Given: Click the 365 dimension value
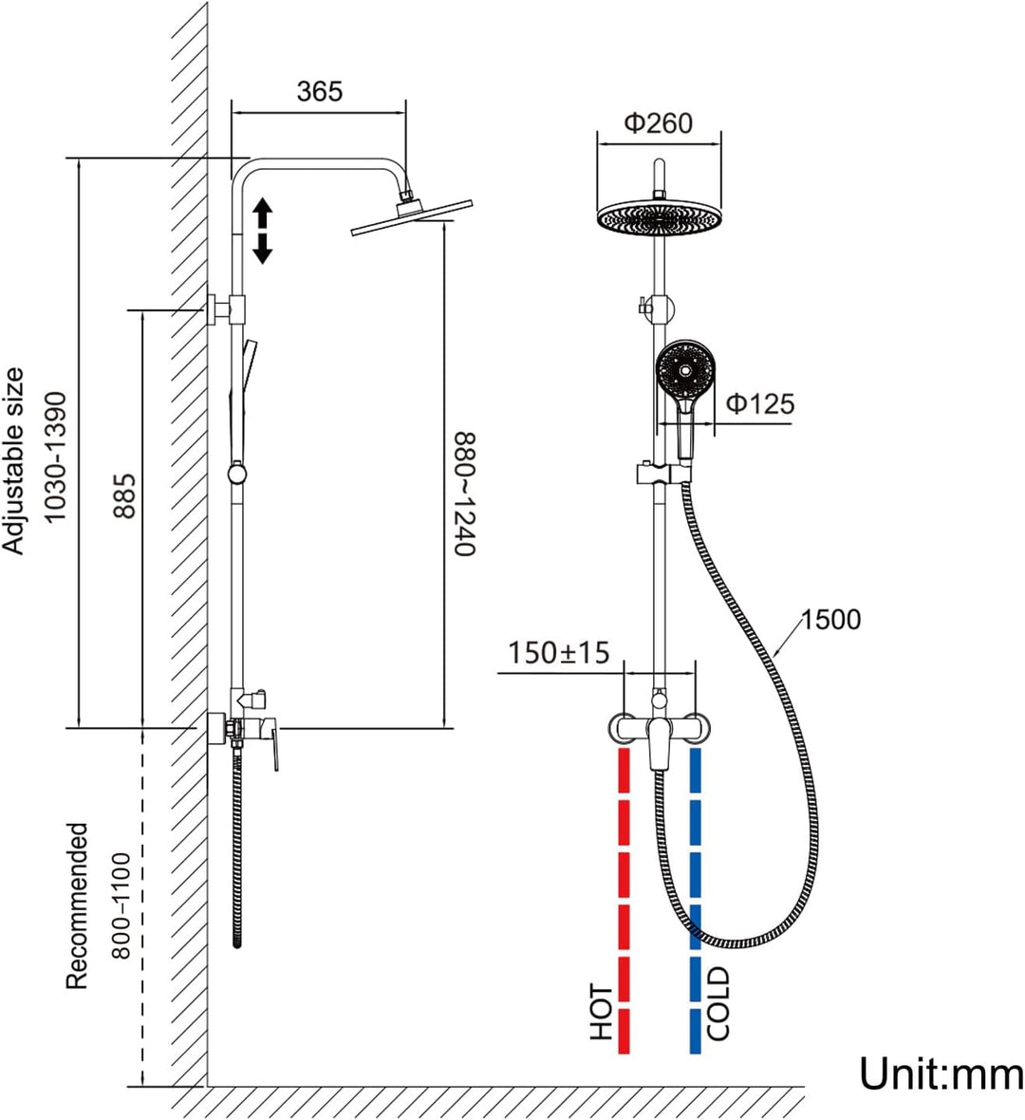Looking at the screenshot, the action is tap(319, 91).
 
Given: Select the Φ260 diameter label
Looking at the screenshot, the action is tap(659, 122).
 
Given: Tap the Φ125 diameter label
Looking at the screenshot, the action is tap(760, 403).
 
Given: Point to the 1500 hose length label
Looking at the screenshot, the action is tap(830, 619).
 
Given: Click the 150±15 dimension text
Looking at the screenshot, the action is tap(559, 653).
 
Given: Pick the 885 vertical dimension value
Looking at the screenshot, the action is tap(124, 495).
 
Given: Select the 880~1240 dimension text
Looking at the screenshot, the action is tap(464, 494).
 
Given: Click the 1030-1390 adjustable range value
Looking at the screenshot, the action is tap(55, 457).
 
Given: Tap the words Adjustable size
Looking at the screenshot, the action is tap(13, 460).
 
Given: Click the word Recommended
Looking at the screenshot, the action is tap(77, 905).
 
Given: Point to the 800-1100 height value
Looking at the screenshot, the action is tap(121, 905).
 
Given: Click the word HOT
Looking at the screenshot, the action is tap(602, 1012).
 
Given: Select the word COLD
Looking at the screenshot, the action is tap(717, 1003).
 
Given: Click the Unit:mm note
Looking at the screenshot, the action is tap(941, 1073).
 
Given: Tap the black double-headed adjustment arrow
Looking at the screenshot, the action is tap(263, 232).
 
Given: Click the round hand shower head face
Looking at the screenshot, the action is tap(684, 369).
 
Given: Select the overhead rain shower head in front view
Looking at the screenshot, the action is tap(659, 216).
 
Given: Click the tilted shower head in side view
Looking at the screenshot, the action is tap(412, 215).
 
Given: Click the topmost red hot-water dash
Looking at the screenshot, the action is tap(624, 770).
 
